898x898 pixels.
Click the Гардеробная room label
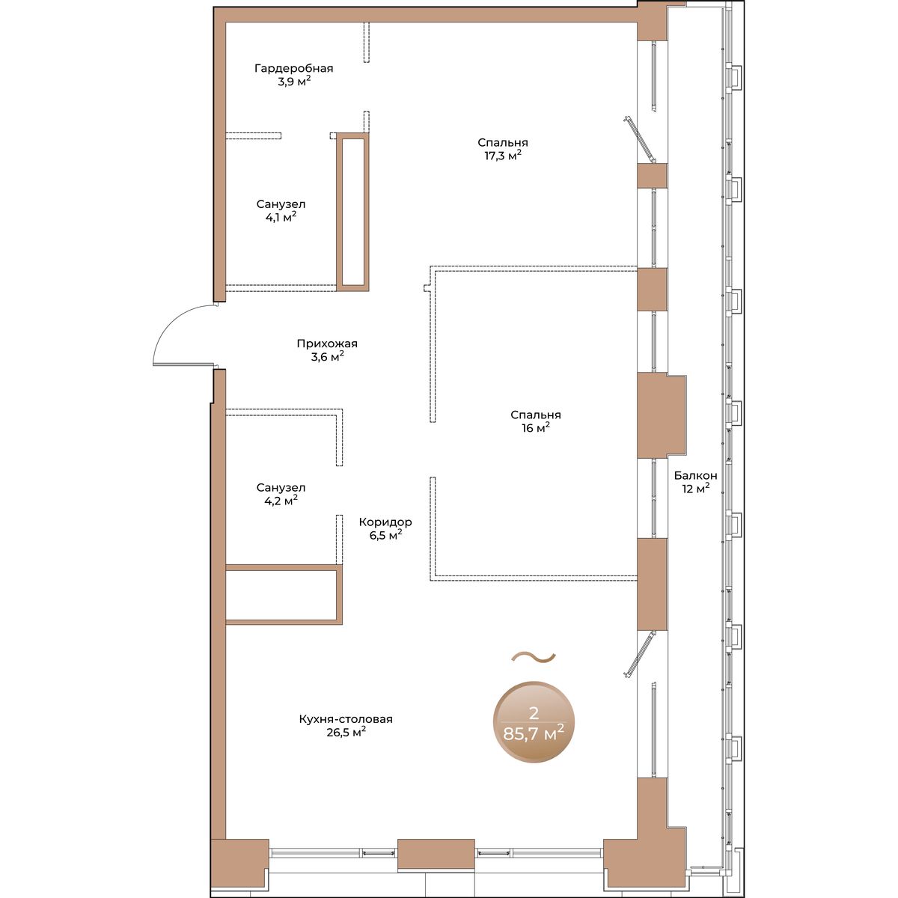point(293,69)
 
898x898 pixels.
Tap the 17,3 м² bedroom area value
point(503,155)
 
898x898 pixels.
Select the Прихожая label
point(327,344)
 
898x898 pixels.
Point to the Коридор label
point(385,522)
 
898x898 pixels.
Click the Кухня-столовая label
point(346,719)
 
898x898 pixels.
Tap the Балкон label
point(695,476)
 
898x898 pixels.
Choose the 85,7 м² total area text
point(534,734)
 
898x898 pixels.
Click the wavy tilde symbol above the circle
point(534,656)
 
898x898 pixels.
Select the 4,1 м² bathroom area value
point(281,217)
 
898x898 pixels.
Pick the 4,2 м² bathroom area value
point(281,501)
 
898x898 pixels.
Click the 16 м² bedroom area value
point(536,427)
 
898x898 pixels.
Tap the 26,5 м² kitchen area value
point(346,732)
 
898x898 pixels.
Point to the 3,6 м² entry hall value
point(327,357)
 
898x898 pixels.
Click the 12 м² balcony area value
point(696,489)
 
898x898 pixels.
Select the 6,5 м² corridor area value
point(386,536)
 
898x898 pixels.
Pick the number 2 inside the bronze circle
point(534,713)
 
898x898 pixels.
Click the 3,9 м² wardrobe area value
point(294,82)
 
